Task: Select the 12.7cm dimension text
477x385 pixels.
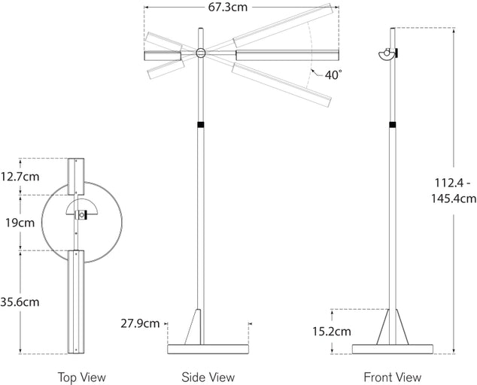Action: tap(20, 177)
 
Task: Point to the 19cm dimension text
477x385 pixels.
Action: tap(18, 223)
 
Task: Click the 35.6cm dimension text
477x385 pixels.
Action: tap(20, 302)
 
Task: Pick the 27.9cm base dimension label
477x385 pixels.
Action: tap(140, 323)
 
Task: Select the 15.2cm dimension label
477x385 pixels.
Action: tap(332, 331)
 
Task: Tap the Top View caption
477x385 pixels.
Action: tap(82, 377)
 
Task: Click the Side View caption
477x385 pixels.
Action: tap(208, 377)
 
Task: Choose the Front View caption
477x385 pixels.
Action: tap(392, 377)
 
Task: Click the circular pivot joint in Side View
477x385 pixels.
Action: tap(201, 53)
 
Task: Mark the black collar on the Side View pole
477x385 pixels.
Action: tap(201, 124)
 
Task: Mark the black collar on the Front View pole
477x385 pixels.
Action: tap(392, 124)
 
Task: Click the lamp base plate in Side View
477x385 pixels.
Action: tap(208, 348)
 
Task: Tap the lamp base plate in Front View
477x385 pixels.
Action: tap(392, 348)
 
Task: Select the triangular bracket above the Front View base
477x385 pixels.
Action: tap(392, 327)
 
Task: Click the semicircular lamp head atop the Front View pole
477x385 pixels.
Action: tap(387, 53)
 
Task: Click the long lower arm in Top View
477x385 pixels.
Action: tap(77, 301)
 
